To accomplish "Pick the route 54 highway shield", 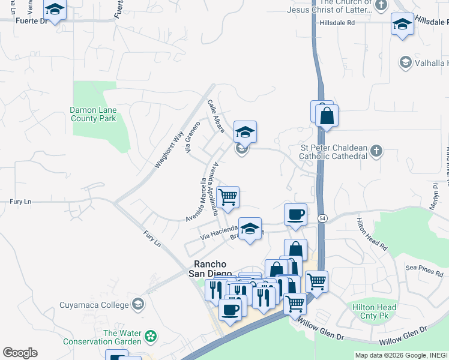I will [x=322, y=217].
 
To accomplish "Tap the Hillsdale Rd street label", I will [x=337, y=22].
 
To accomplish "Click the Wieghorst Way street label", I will [x=168, y=149].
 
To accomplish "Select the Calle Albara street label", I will [x=216, y=116].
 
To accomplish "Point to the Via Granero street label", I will [x=192, y=141].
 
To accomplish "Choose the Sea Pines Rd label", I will [x=424, y=271].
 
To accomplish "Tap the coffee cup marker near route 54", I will [x=295, y=214].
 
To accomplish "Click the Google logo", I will [x=20, y=353].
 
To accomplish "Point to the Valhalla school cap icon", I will [x=405, y=62].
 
